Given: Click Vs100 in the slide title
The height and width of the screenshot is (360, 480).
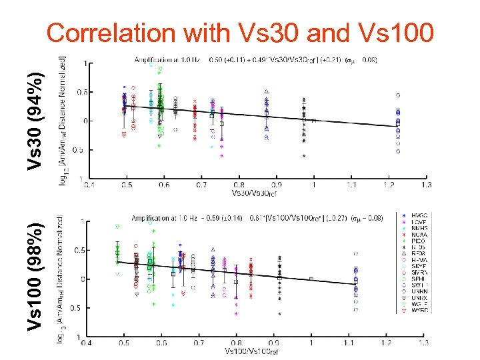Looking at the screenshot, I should tap(396, 33).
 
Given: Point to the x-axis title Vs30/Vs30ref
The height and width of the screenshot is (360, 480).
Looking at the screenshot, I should tap(253, 193).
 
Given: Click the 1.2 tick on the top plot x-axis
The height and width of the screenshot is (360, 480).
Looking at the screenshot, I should tap(388, 185).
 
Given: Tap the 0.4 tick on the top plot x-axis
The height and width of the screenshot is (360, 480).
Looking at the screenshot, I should tap(89, 185).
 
